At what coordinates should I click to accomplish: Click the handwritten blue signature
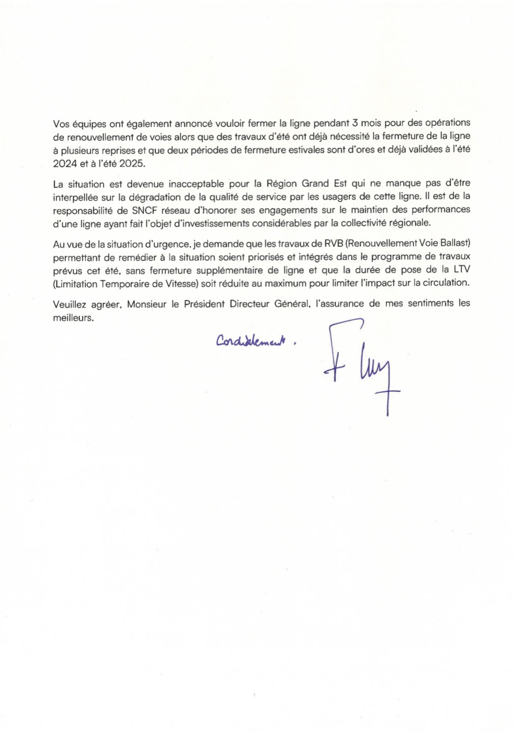point(361,366)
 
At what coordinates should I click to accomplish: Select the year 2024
point(65,164)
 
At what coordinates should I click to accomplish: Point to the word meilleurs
point(73,317)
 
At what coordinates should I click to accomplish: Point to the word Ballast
point(453,243)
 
